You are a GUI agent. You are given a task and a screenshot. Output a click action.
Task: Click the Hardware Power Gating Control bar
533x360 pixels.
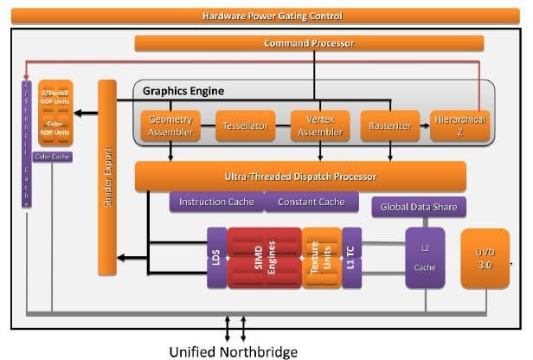[271, 16]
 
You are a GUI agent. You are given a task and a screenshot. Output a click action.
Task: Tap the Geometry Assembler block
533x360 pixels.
[170, 126]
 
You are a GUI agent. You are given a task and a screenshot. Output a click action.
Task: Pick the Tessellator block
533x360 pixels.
[243, 126]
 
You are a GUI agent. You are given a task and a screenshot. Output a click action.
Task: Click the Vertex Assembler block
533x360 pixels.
[316, 126]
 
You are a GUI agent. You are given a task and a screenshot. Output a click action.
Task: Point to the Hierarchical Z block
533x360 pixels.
[459, 126]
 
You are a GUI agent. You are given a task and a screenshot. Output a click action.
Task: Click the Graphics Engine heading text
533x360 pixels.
[183, 90]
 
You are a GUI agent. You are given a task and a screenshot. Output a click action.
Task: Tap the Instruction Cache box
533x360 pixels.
[216, 202]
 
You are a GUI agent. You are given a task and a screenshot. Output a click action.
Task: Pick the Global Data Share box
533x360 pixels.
[420, 207]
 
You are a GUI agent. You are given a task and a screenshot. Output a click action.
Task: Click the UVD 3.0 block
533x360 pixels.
[485, 260]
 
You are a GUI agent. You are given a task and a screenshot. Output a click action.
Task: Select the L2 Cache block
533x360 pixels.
[424, 258]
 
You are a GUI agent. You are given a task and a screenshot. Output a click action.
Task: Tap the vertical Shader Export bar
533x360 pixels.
[108, 173]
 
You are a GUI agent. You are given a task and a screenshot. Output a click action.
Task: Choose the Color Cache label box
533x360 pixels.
[53, 157]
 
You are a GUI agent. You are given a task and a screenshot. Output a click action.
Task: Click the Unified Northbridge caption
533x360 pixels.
[233, 351]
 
